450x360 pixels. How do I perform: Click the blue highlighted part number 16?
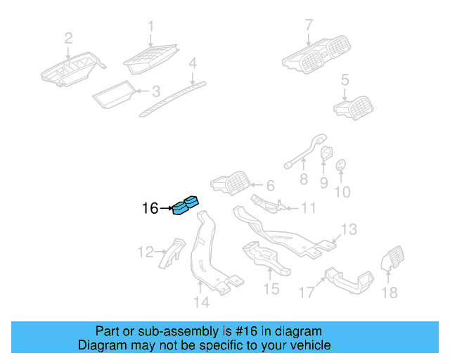coord(186,205)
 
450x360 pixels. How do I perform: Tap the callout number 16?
coord(150,208)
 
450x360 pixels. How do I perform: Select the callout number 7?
coord(308,26)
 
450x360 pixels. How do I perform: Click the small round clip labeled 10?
coord(341,166)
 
